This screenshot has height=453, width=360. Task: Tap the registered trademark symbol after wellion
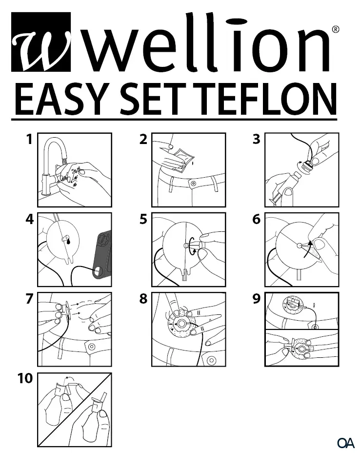[x=336, y=29]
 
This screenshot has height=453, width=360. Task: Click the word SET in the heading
[x=164, y=99]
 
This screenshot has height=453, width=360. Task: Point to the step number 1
[x=29, y=140]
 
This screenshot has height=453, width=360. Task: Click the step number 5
[x=143, y=220]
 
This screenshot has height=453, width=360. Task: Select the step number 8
[x=143, y=299]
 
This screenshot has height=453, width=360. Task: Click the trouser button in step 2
[x=194, y=184]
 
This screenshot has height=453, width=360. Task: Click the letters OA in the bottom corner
[x=345, y=443]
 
